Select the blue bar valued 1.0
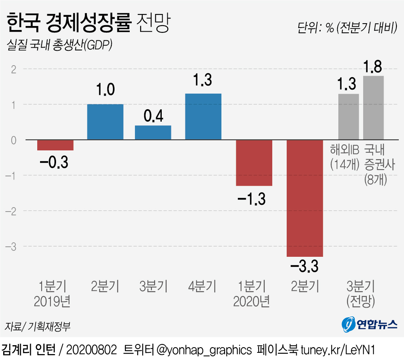105,122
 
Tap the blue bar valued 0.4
153,133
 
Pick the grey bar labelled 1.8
373,108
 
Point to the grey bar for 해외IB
348,116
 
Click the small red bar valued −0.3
55,145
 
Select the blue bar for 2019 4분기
203,116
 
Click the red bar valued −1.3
254,163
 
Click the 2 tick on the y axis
13,69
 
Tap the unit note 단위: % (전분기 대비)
347,28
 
